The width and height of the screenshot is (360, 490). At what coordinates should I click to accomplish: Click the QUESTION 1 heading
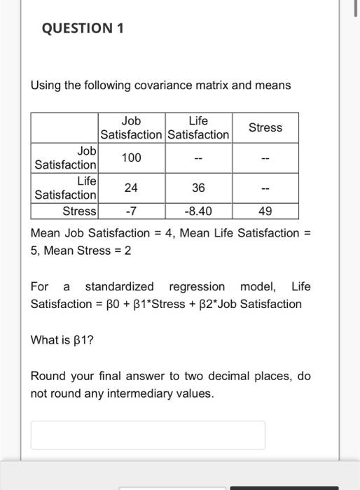77,29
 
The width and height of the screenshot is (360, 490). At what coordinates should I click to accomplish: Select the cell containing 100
131,157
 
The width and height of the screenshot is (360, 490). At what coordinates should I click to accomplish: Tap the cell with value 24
131,188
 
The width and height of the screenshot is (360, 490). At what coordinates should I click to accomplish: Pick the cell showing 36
198,188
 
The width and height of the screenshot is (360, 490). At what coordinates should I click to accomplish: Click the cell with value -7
131,211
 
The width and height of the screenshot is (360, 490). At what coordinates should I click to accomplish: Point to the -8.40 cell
198,211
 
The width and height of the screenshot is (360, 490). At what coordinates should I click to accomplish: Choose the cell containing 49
265,211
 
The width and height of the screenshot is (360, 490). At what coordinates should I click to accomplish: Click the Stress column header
265,127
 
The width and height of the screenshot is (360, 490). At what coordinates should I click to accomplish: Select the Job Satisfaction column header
131,127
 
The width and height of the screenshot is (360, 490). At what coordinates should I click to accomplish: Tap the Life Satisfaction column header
198,127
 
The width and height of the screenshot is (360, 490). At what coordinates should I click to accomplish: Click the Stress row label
79,211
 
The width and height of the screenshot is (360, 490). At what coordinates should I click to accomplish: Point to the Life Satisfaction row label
67,188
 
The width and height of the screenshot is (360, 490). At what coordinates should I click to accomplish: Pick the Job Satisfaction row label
67,157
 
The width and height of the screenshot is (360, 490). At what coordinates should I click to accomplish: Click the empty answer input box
148,435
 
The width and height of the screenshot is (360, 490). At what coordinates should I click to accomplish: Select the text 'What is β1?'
63,340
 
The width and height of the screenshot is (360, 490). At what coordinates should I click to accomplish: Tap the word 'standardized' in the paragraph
119,286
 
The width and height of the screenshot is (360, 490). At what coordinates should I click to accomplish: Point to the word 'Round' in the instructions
48,376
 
